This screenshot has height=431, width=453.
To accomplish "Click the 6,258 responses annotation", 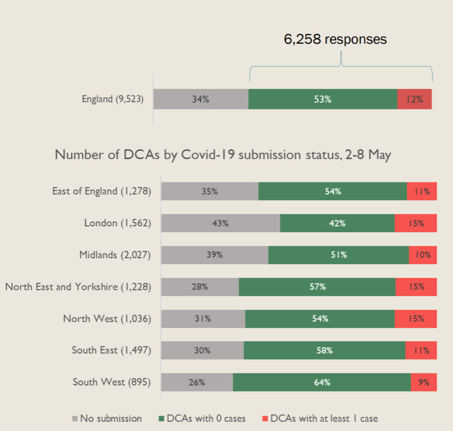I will [335, 39].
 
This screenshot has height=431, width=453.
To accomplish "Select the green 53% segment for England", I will [323, 99].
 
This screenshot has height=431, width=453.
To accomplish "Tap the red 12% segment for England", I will [415, 99].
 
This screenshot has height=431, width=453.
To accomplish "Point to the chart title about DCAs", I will [223, 155].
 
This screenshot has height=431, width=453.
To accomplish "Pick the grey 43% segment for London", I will [220, 223].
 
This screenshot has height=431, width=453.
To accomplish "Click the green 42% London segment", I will [337, 223].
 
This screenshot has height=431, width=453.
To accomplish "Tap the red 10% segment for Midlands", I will [423, 255].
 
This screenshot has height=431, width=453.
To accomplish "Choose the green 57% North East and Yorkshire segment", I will [317, 287].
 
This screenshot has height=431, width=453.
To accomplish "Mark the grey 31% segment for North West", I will [203, 319].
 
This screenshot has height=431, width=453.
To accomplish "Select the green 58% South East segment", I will [324, 350].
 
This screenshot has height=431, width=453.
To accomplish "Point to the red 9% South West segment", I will [424, 382].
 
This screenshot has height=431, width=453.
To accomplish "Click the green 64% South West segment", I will [322, 382].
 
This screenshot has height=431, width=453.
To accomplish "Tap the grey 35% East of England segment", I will [210, 191].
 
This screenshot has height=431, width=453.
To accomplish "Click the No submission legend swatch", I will [75, 419].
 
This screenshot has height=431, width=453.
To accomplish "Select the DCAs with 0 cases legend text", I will [206, 419].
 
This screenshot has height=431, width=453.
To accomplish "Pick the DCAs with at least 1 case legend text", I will [324, 419].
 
